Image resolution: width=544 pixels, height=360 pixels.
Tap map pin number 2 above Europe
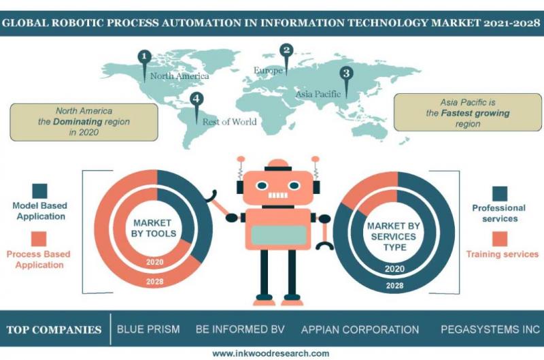coord(286,56)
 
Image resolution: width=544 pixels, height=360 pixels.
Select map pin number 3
coord(346,79)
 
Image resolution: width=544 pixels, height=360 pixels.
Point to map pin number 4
coord(197,105)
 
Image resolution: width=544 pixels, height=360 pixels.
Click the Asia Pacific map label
coord(318,94)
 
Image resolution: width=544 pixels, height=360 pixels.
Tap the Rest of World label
coord(229,122)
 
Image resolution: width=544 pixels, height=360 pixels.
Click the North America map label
coord(180,76)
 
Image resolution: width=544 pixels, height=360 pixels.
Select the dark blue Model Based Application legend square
coord(39,191)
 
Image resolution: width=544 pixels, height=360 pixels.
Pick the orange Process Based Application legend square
coord(39,239)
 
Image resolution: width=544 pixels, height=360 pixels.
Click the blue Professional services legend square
coord(500,193)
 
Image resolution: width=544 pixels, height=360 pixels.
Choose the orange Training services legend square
coord(500,239)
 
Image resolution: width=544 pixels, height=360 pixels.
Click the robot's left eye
coord(262,186)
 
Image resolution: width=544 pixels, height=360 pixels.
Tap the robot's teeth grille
coord(278,195)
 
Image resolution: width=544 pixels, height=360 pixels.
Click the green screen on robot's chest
coord(279,235)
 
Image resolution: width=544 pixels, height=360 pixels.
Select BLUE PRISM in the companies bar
coord(148,329)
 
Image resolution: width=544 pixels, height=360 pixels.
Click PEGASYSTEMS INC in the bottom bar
coord(490,329)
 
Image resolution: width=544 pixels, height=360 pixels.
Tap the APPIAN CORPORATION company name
coord(360,329)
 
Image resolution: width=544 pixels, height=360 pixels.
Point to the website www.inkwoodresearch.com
coord(271,353)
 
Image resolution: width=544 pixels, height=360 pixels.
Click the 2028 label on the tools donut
coord(155,282)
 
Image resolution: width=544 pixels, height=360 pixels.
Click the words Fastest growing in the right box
coord(475,113)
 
